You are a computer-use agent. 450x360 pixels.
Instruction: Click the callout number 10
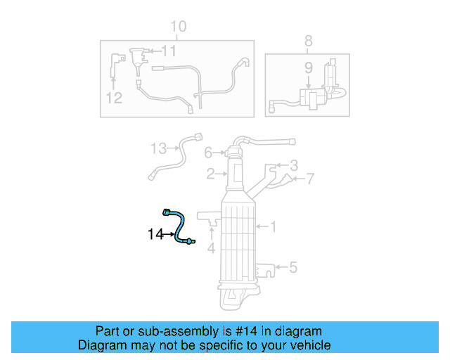click(x=179, y=27)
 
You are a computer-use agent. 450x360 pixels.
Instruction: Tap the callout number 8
click(x=308, y=41)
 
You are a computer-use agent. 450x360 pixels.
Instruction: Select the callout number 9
click(x=308, y=67)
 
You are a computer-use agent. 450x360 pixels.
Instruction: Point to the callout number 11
click(x=169, y=51)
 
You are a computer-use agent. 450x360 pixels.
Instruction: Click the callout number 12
click(x=114, y=97)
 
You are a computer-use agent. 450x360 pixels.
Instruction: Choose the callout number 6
click(x=208, y=153)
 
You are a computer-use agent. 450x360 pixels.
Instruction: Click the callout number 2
click(x=210, y=173)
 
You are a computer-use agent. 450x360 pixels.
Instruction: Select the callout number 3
click(x=294, y=165)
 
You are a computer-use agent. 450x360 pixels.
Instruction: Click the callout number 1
click(x=274, y=226)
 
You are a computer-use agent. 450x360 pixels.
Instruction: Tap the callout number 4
click(x=211, y=248)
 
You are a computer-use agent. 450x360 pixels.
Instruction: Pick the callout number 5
click(x=294, y=267)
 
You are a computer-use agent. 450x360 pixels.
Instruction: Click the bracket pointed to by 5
click(x=264, y=269)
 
